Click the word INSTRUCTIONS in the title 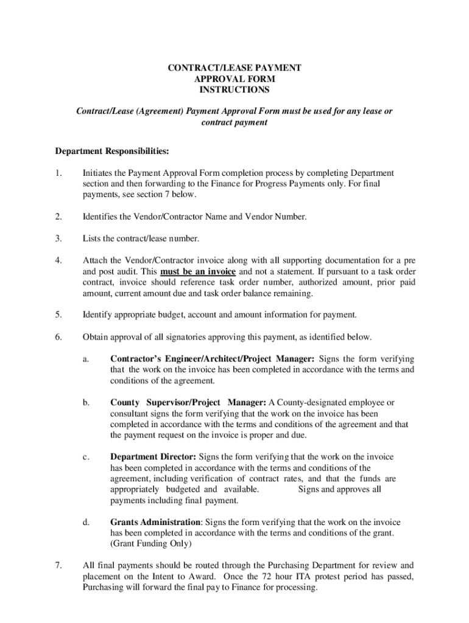click(234, 89)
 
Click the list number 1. click(57, 173)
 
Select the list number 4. click(58, 260)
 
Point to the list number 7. click(58, 565)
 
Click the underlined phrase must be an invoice click(198, 271)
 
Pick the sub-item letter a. click(86, 359)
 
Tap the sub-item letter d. click(86, 522)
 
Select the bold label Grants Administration click(155, 522)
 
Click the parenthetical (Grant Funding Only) click(150, 543)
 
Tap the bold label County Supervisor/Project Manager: click(188, 402)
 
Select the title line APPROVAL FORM click(234, 78)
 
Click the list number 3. click(58, 238)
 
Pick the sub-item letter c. click(86, 456)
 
